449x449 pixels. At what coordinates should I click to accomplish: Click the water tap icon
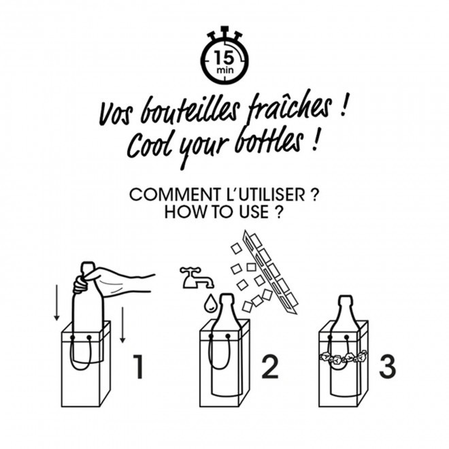(x=196, y=278)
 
